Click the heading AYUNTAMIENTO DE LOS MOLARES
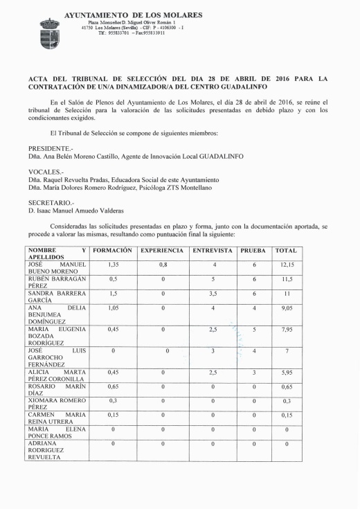click(133, 14)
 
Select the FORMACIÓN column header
click(112, 250)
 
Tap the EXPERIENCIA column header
click(162, 250)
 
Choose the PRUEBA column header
click(254, 250)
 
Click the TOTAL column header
click(286, 250)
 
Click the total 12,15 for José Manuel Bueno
click(286, 265)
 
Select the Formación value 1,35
click(112, 265)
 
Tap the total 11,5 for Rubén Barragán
click(286, 279)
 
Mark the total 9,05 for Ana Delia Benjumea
click(286, 309)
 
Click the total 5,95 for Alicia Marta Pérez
click(286, 373)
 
